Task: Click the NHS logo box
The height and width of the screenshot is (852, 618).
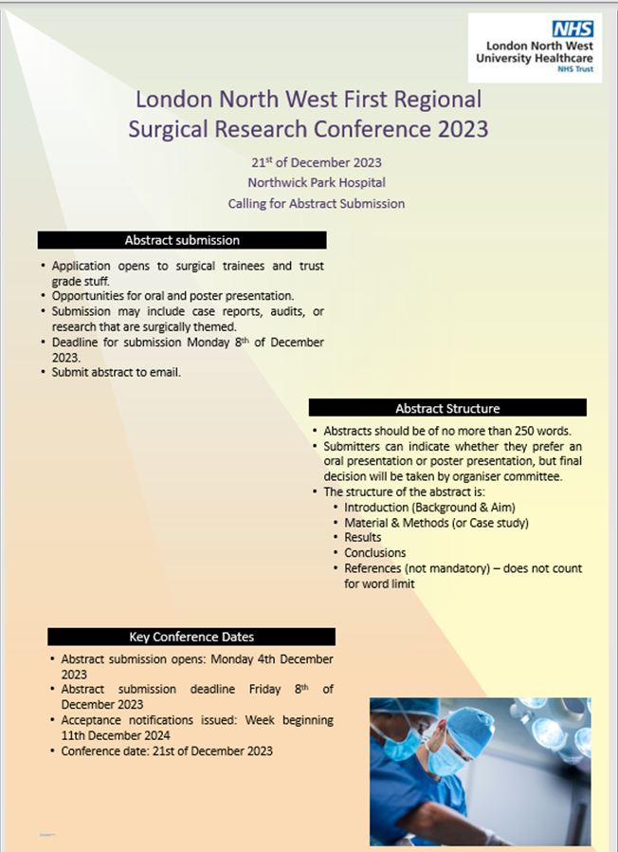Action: (573, 28)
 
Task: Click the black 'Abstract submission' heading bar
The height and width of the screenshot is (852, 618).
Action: (182, 240)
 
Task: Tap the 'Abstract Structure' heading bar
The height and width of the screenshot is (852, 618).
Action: (447, 408)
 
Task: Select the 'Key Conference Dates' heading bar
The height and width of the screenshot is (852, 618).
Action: (191, 637)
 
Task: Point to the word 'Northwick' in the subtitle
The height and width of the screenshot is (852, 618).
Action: (274, 182)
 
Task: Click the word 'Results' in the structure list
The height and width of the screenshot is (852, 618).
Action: (363, 537)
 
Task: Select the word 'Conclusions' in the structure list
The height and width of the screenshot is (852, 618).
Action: (374, 552)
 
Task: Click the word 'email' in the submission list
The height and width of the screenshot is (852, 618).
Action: (165, 372)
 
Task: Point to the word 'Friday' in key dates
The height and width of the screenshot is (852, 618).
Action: (264, 689)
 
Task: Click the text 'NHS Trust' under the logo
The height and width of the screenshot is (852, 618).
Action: (575, 69)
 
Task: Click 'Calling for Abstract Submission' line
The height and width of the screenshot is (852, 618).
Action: (316, 204)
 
